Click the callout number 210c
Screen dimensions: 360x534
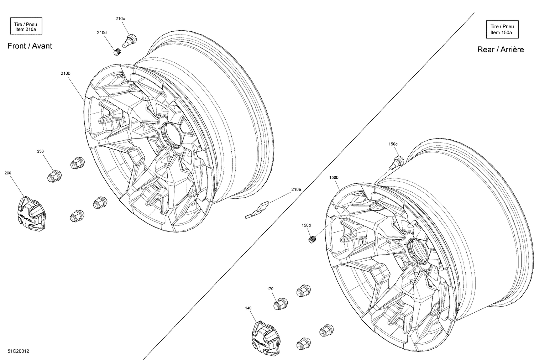pos(120,18)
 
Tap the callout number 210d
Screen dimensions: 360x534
pos(101,32)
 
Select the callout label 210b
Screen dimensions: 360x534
pos(65,73)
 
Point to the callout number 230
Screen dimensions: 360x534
pos(40,151)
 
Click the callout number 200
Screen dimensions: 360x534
pos(8,173)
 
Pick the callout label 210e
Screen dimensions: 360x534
pos(296,189)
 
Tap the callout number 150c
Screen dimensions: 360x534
pos(393,144)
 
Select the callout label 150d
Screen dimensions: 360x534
pos(306,225)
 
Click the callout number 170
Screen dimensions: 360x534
pos(270,289)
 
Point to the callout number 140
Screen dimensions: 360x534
pos(248,308)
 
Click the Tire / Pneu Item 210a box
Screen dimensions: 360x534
pos(26,27)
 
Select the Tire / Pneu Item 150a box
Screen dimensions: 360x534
pos(502,30)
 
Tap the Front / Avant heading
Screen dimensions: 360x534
pos(30,46)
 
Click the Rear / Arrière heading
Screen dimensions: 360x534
pos(500,49)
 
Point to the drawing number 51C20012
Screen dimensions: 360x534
pos(19,351)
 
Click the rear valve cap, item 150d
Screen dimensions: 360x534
pos(312,240)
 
